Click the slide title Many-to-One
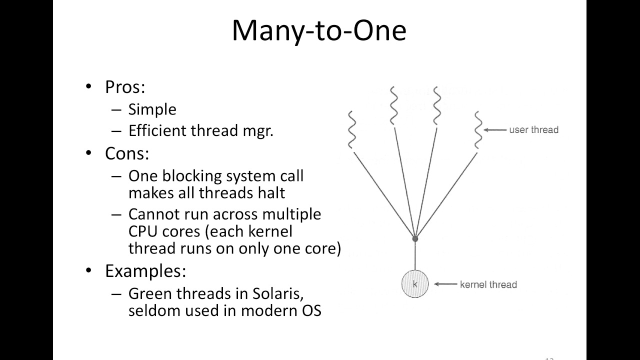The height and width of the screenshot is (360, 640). pyautogui.click(x=319, y=31)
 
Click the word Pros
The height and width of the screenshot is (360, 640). pyautogui.click(x=124, y=87)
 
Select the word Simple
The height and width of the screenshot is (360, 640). pyautogui.click(x=152, y=109)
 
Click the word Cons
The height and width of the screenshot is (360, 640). pyautogui.click(x=126, y=153)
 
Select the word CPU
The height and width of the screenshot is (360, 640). pyautogui.click(x=144, y=232)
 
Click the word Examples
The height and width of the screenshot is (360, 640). pyautogui.click(x=145, y=271)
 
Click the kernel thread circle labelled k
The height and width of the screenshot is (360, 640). pyautogui.click(x=415, y=284)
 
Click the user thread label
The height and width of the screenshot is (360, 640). pyautogui.click(x=533, y=130)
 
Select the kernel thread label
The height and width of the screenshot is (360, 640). pyautogui.click(x=488, y=284)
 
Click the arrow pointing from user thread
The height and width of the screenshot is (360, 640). pyautogui.click(x=495, y=130)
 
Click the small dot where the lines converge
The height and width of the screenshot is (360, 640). pyautogui.click(x=415, y=239)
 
